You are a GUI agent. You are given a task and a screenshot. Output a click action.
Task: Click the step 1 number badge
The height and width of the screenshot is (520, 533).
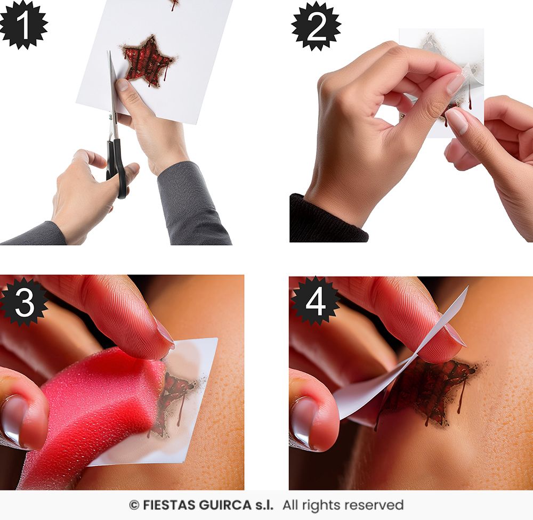point(23,25)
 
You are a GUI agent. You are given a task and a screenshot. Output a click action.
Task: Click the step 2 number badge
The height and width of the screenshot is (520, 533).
point(316,26)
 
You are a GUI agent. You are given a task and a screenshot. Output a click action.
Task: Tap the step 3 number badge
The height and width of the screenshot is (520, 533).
point(24,302)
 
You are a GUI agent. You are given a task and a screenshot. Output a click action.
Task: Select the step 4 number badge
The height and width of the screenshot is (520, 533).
point(316,301)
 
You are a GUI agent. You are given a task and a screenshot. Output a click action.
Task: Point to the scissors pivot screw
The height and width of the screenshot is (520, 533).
point(110,117)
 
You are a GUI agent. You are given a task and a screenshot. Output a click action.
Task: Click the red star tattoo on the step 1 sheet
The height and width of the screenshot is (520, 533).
point(148,61)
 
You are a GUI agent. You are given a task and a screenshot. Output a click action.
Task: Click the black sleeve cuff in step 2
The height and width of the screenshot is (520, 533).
point(326,219)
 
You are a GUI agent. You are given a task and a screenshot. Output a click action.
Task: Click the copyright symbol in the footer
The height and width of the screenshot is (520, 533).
point(134,506)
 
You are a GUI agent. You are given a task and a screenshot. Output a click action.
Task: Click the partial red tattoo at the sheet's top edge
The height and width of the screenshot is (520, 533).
point(175,4)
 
